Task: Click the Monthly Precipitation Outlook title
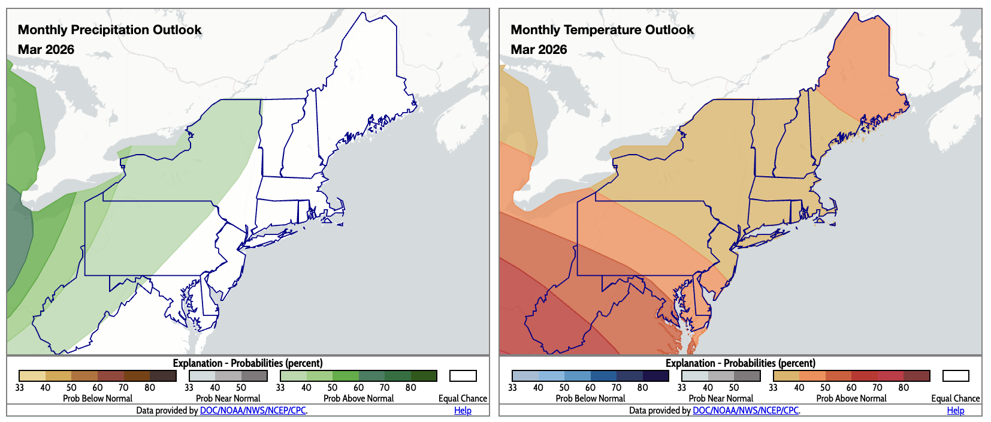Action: click(x=110, y=30)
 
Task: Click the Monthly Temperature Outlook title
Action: click(x=602, y=30)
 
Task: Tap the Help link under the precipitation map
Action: click(x=463, y=411)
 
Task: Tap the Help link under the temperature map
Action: click(x=955, y=411)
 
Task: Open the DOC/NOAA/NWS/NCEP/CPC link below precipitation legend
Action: click(x=253, y=411)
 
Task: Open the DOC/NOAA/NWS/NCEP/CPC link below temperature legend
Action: click(x=745, y=411)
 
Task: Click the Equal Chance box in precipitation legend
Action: click(x=463, y=376)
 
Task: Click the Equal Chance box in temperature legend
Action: click(x=955, y=376)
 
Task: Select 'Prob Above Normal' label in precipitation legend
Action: click(x=358, y=399)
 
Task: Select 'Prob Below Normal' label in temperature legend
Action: click(x=590, y=399)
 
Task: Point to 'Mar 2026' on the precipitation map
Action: click(x=46, y=50)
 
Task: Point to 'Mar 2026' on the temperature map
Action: click(x=539, y=50)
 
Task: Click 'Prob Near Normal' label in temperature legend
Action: click(x=721, y=399)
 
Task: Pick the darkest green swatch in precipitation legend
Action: click(x=424, y=376)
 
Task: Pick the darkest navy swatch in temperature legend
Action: click(x=655, y=376)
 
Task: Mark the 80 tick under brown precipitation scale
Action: click(x=150, y=388)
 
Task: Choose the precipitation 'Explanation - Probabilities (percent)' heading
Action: click(x=247, y=363)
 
